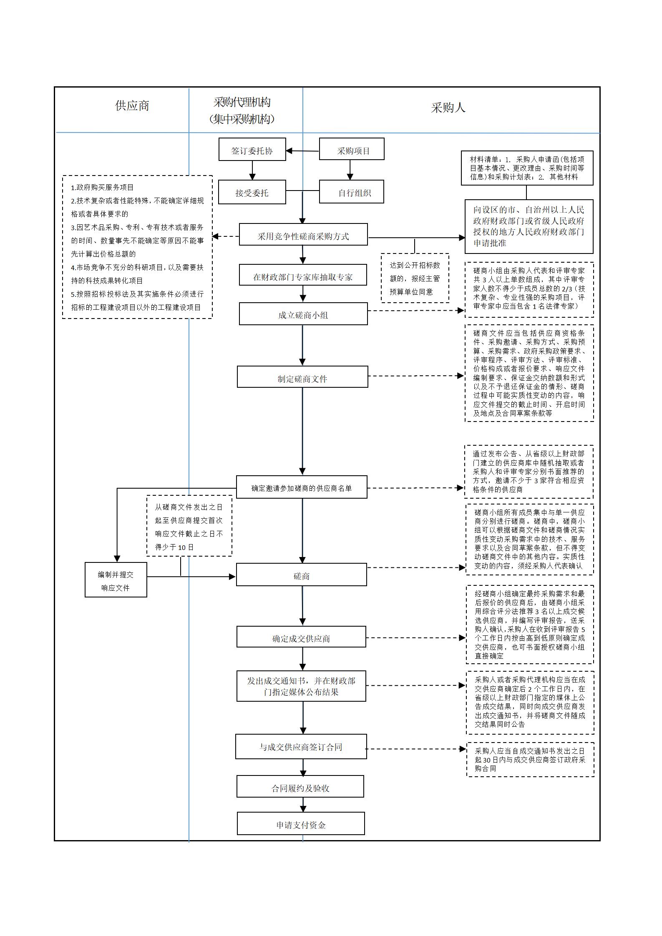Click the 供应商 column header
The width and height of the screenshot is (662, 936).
click(132, 105)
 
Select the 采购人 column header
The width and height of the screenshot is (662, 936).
click(448, 108)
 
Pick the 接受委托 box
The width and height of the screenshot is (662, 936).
click(252, 192)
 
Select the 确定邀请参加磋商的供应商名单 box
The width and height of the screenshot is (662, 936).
click(302, 487)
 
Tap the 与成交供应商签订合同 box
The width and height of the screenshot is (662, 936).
click(301, 747)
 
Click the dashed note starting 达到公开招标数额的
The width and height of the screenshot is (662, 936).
click(415, 278)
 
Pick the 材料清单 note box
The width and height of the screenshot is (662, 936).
click(527, 168)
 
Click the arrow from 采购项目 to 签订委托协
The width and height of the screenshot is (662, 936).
click(302, 151)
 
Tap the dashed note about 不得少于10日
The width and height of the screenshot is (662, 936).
click(189, 526)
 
